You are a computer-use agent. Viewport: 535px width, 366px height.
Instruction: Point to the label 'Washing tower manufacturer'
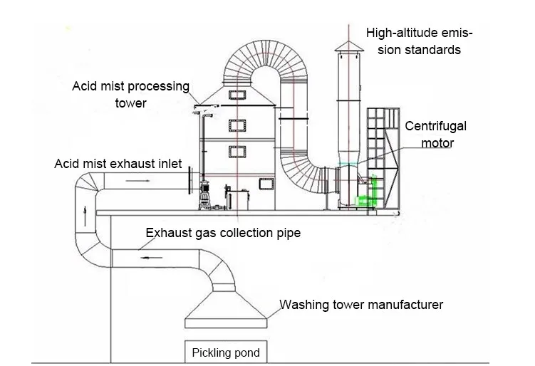pyautogui.click(x=360, y=305)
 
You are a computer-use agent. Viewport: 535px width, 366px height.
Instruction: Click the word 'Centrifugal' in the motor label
pyautogui.click(x=435, y=126)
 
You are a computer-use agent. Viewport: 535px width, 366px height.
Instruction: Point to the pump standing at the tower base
pyautogui.click(x=204, y=192)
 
